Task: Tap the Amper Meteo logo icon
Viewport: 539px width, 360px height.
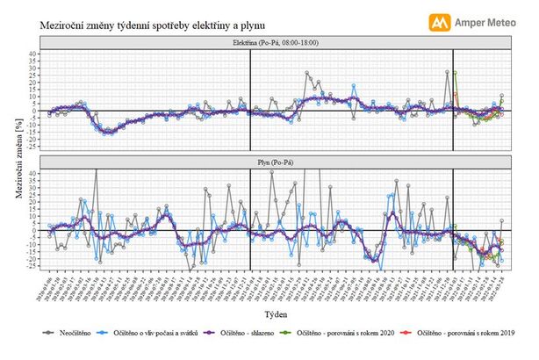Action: coord(436,22)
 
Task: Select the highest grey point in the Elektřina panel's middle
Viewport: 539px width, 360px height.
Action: coord(306,74)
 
